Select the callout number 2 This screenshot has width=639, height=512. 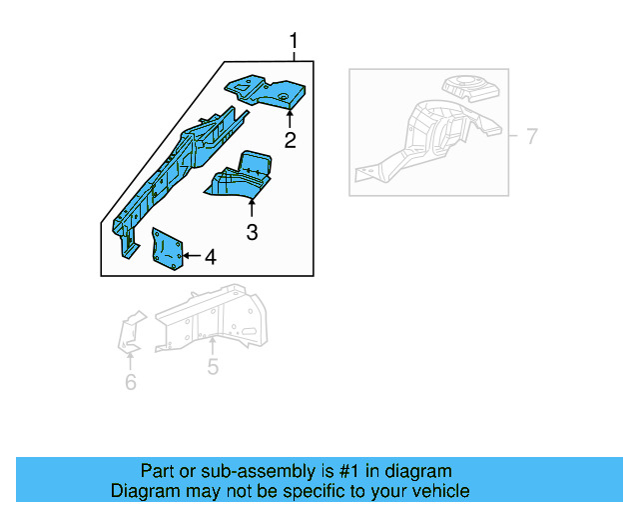pos(290,140)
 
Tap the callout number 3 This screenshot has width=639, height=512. pos(252,233)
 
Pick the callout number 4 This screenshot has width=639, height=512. pos(209,257)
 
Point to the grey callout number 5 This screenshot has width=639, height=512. pos(213,367)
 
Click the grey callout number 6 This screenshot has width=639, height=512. pos(131,382)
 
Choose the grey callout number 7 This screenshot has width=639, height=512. pos(531,136)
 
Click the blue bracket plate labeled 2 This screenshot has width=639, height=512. pos(265,91)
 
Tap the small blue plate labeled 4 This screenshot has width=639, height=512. pos(166,249)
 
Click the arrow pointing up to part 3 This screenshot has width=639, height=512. pos(252,209)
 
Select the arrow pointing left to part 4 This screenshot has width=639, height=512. pos(190,257)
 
